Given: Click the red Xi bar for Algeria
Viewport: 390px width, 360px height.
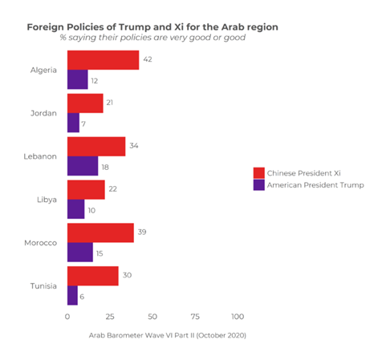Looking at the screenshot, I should tap(103, 60).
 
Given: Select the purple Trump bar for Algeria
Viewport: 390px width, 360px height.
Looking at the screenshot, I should tap(77, 79).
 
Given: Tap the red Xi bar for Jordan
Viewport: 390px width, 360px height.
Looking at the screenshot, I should tap(85, 103).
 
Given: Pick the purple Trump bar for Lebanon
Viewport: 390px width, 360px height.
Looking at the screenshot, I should tap(82, 166).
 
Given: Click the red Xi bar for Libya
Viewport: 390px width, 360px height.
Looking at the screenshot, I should tap(86, 190).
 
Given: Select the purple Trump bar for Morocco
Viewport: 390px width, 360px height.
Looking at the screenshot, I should tap(79, 252).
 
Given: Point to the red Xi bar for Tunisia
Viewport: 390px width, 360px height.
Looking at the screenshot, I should tap(92, 276).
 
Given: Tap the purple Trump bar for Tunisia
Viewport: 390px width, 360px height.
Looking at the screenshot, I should tap(72, 295).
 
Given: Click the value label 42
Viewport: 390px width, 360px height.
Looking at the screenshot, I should tap(147, 60).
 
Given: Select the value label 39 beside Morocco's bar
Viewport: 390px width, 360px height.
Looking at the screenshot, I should tap(142, 233).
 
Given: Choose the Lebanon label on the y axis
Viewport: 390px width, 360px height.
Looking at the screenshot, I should tap(40, 156).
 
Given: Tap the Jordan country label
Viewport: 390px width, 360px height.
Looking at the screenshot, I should tap(43, 113).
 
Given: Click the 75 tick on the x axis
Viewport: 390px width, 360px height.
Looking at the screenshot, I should tap(195, 317).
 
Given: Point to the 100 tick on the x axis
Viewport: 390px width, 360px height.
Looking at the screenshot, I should tap(238, 317).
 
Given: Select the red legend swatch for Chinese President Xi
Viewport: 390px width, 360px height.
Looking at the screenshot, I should tap(258, 172).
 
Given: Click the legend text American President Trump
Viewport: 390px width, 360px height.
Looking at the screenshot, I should tap(316, 184).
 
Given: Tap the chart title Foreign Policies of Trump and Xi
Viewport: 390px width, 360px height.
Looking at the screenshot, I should tap(152, 26).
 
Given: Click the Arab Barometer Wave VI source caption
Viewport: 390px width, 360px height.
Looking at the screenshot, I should tap(168, 334).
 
